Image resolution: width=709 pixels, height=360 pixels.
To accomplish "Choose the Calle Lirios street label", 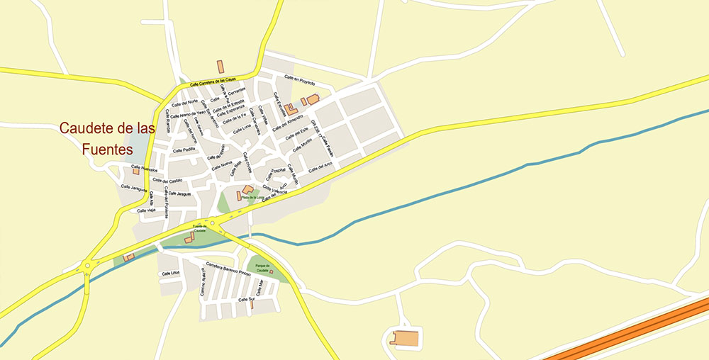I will (170, 273).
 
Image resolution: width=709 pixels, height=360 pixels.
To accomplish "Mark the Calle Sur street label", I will (246, 300).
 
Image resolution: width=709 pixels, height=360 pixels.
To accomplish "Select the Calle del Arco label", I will (320, 168).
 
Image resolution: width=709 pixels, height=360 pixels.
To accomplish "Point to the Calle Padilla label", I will (184, 150).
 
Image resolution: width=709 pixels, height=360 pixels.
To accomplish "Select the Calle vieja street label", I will (146, 210).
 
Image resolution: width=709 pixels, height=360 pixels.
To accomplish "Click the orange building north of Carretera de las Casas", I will (220, 67).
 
